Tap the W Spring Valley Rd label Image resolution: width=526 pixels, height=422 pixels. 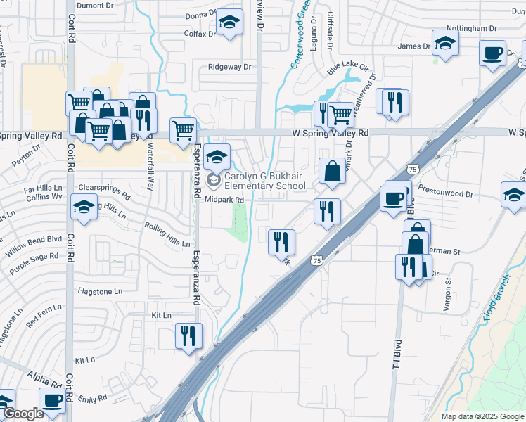click(331, 132)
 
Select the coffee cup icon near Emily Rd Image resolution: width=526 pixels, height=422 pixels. click(53, 401)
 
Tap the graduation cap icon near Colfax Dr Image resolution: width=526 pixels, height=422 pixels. click(229, 23)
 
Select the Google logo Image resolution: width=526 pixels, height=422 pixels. click(23, 414)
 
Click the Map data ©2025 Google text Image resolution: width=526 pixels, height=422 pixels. click(482, 416)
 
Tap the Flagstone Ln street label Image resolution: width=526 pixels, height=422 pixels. click(100, 290)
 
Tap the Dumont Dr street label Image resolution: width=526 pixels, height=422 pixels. click(94, 5)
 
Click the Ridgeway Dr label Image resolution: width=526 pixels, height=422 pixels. click(230, 67)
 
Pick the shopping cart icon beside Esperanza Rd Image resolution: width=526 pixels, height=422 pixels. click(183, 129)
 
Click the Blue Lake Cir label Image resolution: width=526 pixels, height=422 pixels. click(348, 67)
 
